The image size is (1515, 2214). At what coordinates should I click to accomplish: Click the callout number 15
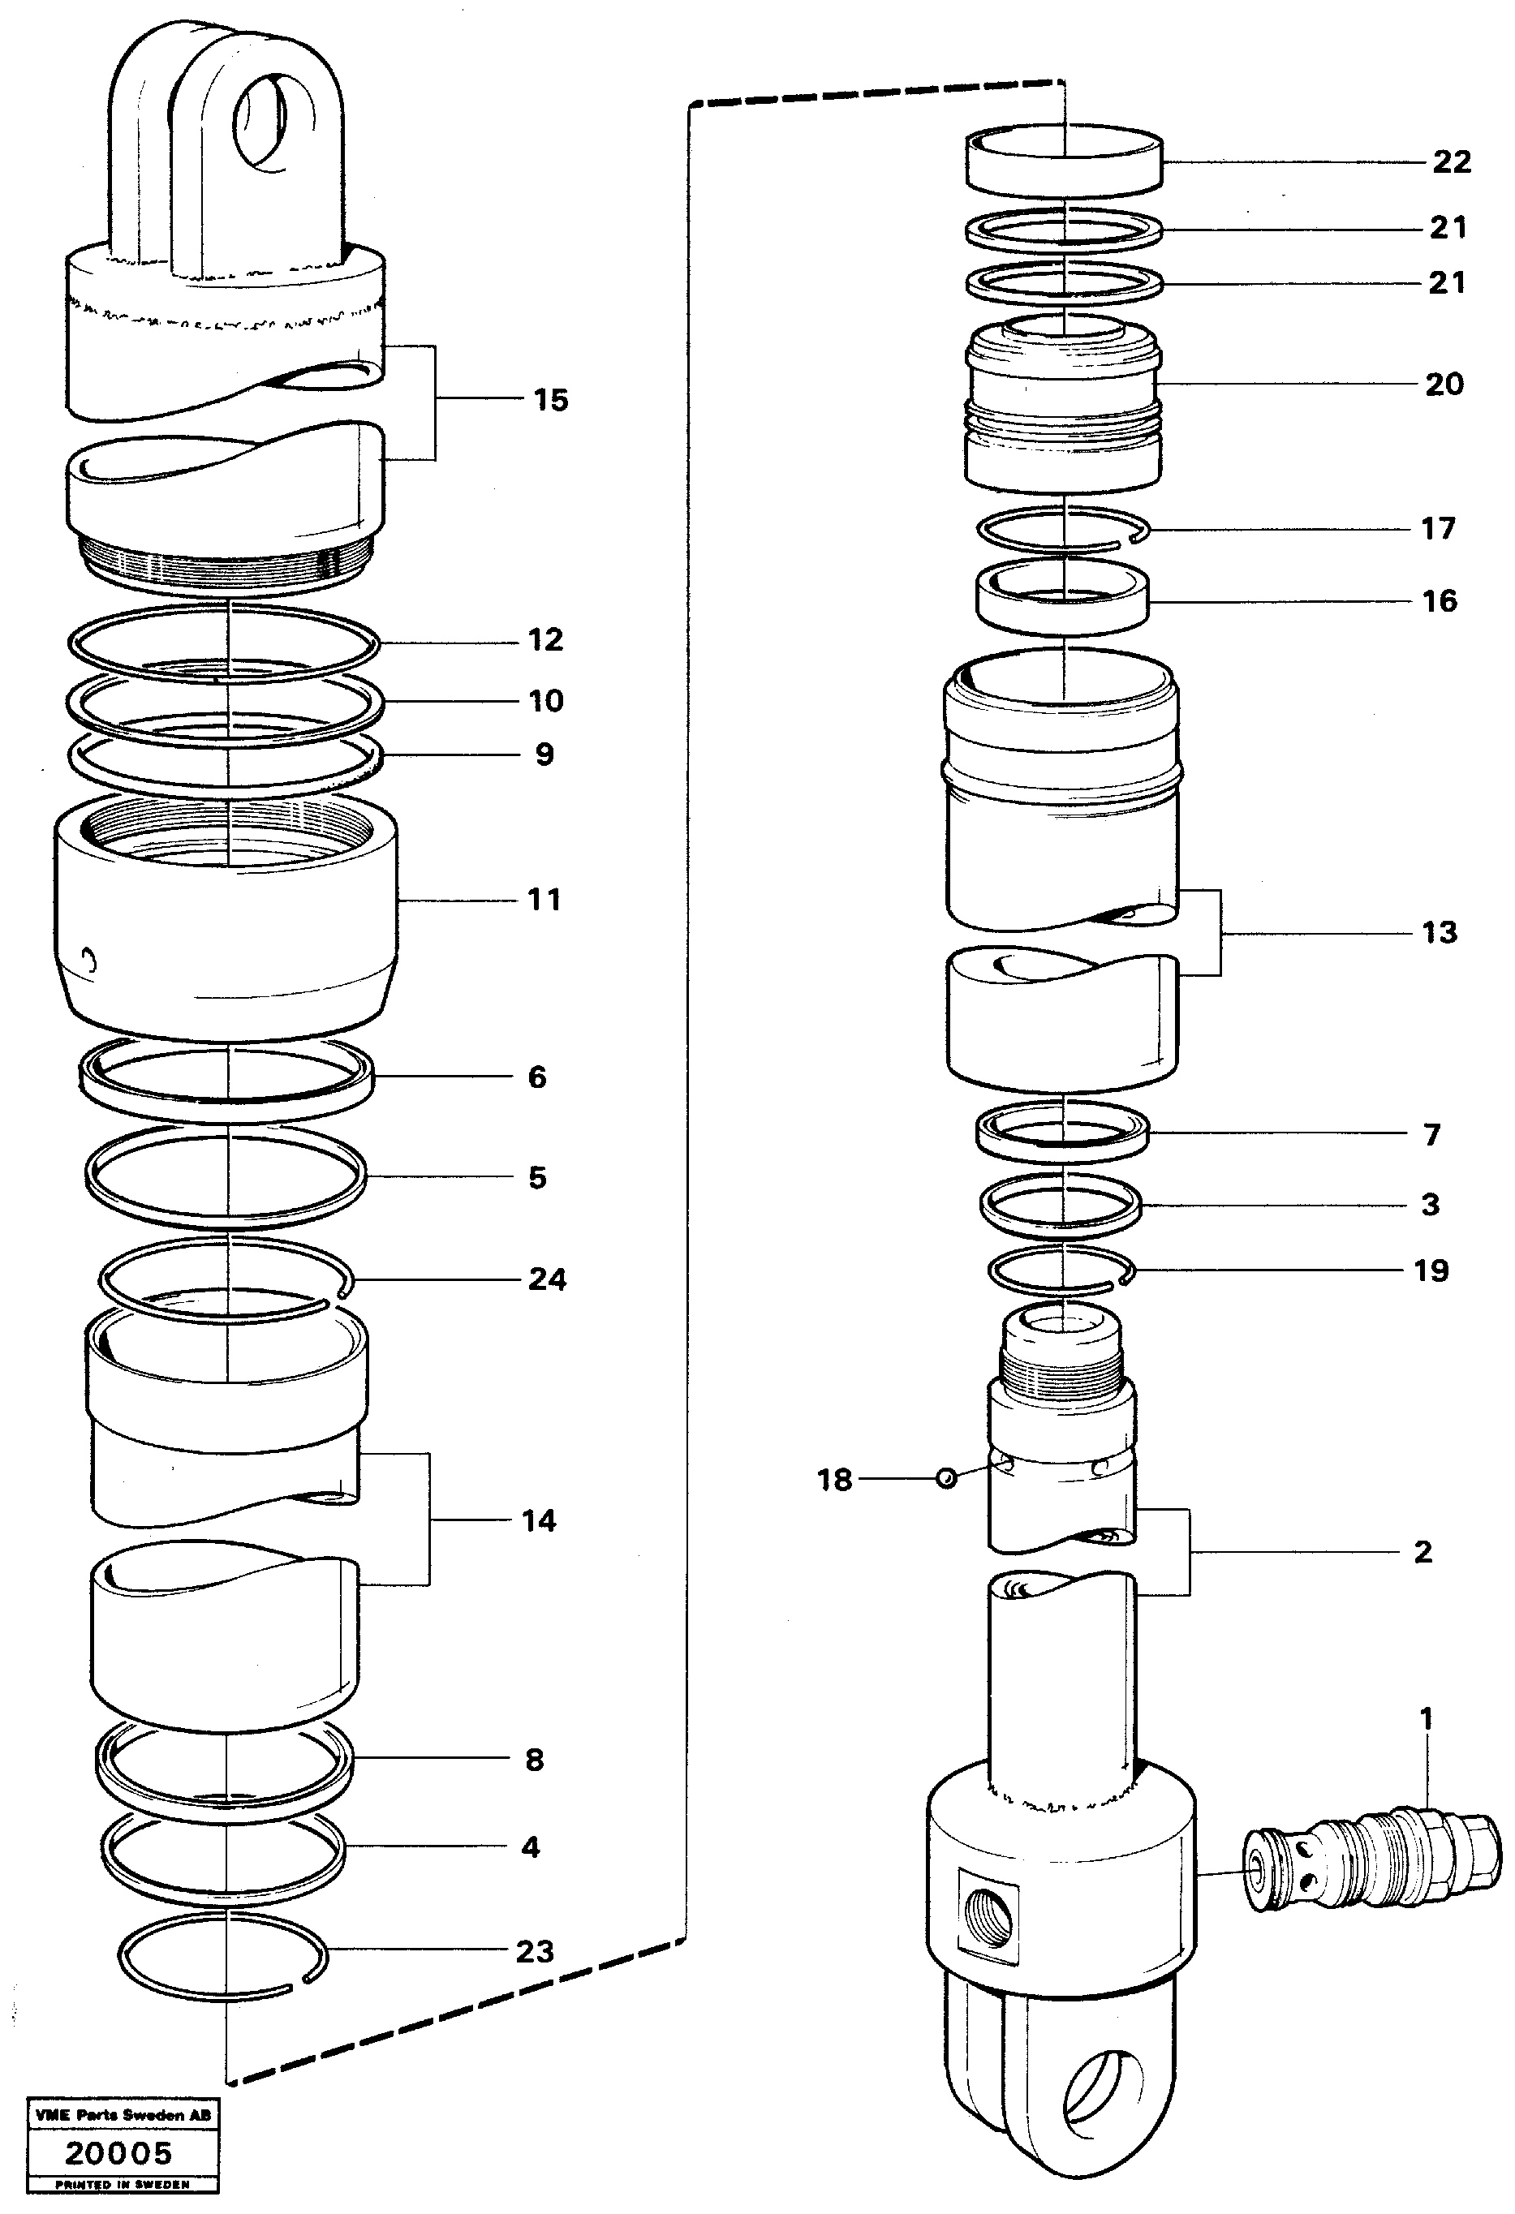pyautogui.click(x=551, y=400)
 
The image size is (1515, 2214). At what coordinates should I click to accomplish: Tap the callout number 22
pyautogui.click(x=1451, y=162)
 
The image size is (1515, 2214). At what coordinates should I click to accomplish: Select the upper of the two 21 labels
pyautogui.click(x=1448, y=228)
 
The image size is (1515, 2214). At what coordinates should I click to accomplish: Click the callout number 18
pyautogui.click(x=833, y=1480)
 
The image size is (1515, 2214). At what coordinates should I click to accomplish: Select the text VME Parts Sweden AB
pyautogui.click(x=123, y=2115)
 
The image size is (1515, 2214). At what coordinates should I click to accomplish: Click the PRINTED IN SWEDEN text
pyautogui.click(x=123, y=2185)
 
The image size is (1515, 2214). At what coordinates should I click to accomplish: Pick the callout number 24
pyautogui.click(x=547, y=1279)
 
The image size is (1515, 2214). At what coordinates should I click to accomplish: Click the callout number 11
pyautogui.click(x=544, y=900)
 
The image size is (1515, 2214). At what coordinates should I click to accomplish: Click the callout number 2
pyautogui.click(x=1422, y=1552)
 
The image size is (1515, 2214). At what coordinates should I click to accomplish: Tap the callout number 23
pyautogui.click(x=535, y=1951)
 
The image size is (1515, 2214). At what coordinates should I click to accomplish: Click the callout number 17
pyautogui.click(x=1438, y=529)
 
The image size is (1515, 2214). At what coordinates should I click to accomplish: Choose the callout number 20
pyautogui.click(x=1444, y=385)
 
